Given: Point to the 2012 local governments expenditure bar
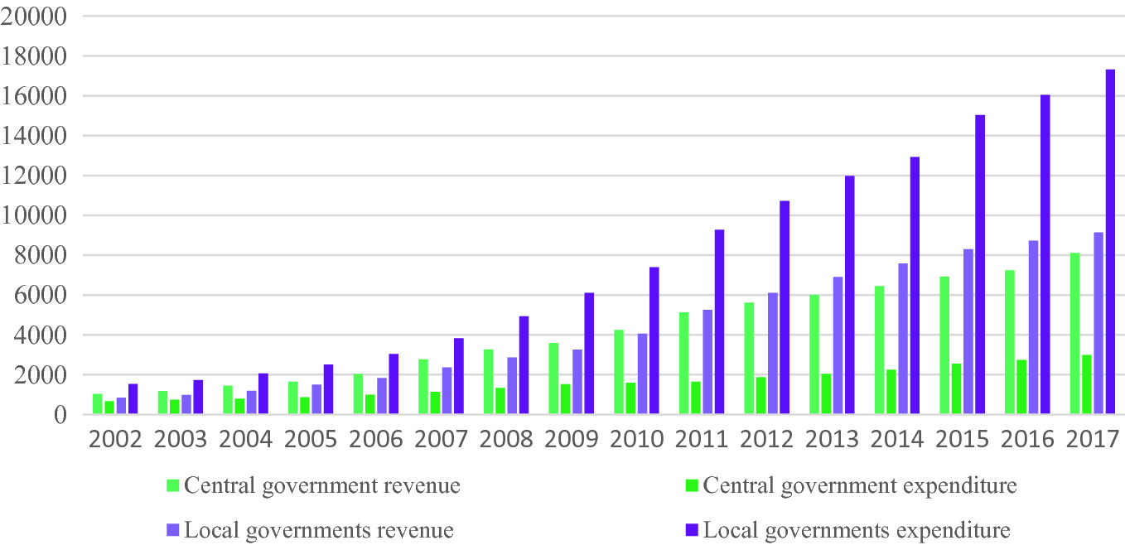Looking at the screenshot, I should pos(784,307).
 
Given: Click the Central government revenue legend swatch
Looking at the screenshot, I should pos(173,485).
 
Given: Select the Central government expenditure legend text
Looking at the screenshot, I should pos(859,485).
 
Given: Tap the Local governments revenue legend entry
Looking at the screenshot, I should pos(319,530).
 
